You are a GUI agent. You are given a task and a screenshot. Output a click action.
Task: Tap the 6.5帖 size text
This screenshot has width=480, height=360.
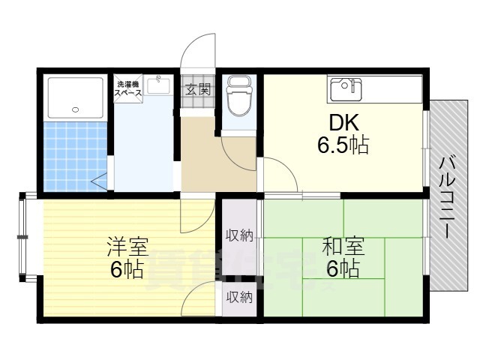[x=342, y=145]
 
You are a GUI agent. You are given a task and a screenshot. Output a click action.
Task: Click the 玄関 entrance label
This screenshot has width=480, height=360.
[x=198, y=90]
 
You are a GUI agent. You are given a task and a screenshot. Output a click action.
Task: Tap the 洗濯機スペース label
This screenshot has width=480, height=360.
[x=127, y=88]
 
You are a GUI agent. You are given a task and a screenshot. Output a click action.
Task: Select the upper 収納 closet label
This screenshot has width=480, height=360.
[x=239, y=235]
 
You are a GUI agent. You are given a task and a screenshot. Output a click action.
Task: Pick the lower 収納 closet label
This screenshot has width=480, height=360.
[x=239, y=297]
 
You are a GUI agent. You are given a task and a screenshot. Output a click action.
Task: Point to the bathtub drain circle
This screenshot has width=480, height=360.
[x=74, y=110]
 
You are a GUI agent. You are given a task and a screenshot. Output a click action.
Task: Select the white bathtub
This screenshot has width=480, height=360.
[x=74, y=97]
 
